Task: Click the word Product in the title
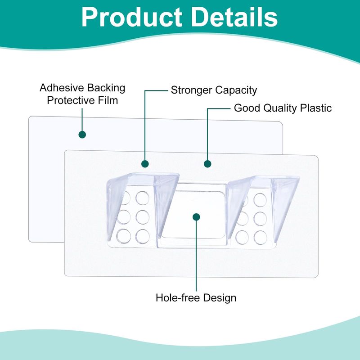coord(132,18)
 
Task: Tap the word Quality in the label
coord(280,108)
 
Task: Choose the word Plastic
coord(316,108)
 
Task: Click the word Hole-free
coord(177,298)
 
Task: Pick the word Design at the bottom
coord(220,298)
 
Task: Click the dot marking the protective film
coord(82,135)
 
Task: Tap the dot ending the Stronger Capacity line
coord(145,164)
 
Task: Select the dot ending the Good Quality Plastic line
coord(207,164)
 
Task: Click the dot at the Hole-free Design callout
coord(196,217)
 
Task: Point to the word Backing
coord(106,88)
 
